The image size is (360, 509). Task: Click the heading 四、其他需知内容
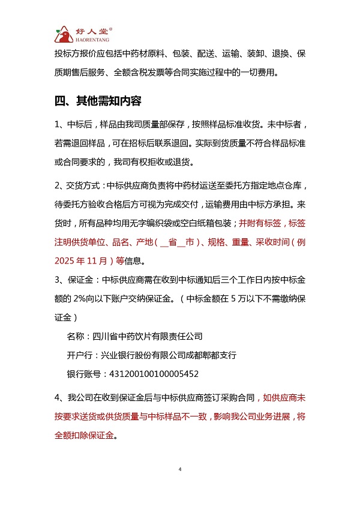98,100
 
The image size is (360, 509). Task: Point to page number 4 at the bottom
179,469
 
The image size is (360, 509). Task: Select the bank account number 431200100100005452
152,373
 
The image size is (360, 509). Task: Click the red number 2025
66,261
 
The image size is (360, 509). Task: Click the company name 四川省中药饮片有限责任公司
145,336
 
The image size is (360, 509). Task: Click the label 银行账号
83,373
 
